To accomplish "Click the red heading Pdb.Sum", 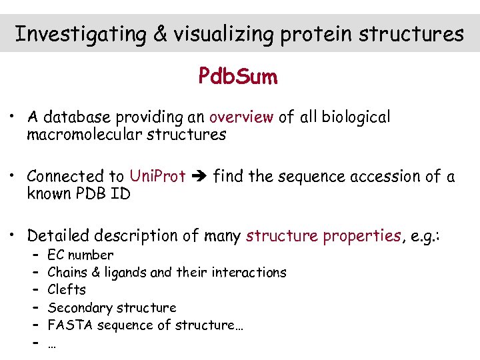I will [238, 77].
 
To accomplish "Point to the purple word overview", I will [241, 117].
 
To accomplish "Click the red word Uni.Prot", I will [157, 177].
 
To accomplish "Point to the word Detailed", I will [60, 236].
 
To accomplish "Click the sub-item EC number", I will [81, 255].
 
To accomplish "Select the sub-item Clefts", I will [67, 290].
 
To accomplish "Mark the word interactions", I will [249, 272].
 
